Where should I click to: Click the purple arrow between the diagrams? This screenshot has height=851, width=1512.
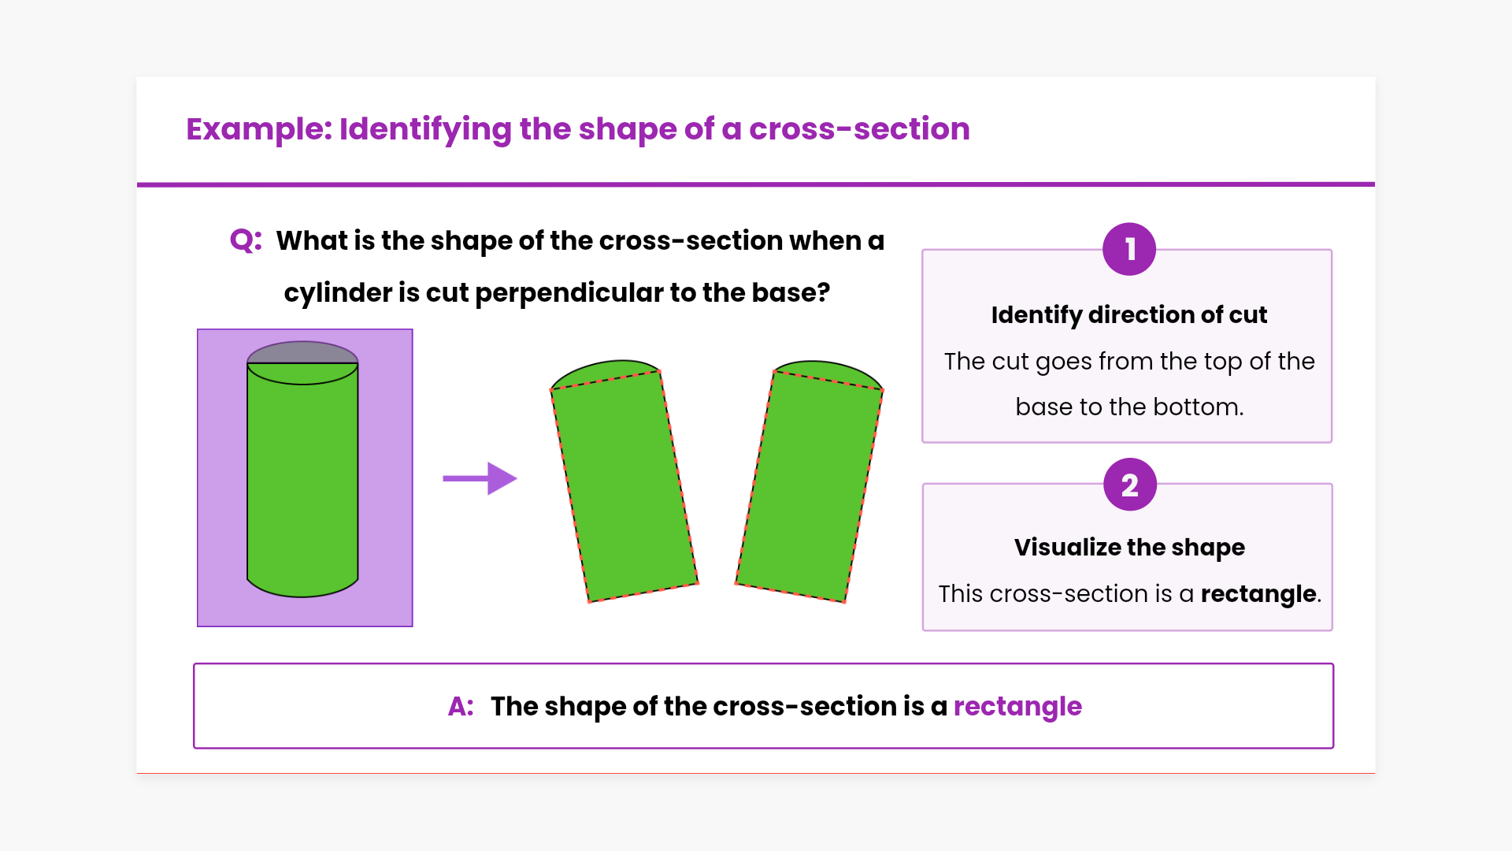pos(480,478)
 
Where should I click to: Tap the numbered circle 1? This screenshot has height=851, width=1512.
pos(1129,249)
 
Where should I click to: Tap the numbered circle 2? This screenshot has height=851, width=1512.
pos(1130,485)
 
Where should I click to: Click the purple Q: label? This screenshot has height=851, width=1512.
pos(246,240)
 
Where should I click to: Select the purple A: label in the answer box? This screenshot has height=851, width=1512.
pos(461,706)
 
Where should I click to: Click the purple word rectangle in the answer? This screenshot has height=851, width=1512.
pos(1017,707)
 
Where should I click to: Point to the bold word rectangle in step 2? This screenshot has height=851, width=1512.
pos(1258,593)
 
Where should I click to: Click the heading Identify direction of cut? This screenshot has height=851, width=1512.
pos(1129,314)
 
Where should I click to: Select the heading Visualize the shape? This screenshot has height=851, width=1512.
pos(1129,547)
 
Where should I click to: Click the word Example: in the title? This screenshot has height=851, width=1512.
pos(259,129)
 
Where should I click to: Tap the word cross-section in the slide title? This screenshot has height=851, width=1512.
pos(859,128)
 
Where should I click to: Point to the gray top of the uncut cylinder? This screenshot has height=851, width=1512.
pos(302,351)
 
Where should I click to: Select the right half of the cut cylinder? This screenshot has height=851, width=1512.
pos(810,481)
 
